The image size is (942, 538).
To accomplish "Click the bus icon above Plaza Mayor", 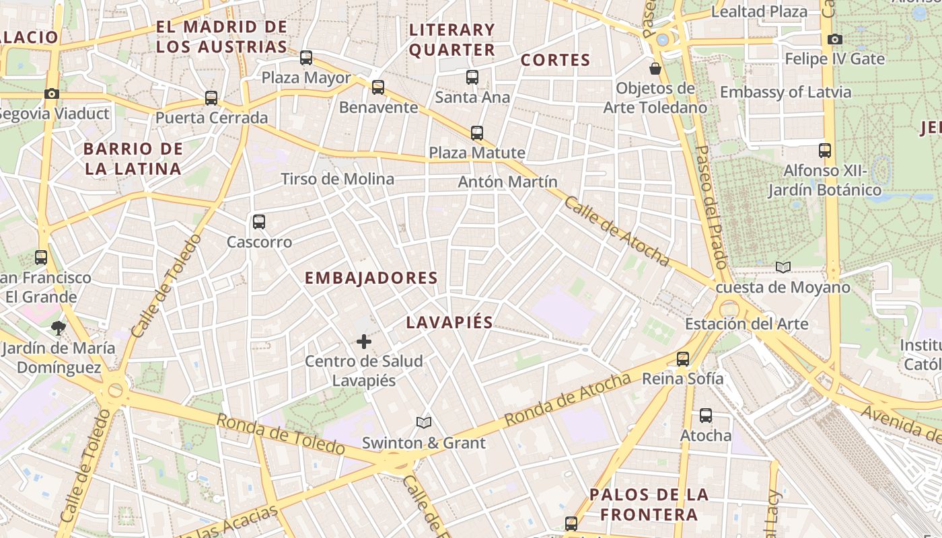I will coord(306,58).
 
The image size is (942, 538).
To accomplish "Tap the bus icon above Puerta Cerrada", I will coord(211,98).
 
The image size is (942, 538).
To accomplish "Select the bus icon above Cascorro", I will coord(259,222).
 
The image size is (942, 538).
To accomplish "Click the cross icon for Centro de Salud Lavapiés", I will coord(364,342).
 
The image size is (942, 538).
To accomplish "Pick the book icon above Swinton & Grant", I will coord(423,422).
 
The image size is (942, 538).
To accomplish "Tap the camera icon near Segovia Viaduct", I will coord(52,93).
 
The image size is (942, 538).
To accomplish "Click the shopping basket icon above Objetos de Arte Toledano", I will coord(655,69).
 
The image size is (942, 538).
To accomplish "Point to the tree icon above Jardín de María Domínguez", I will coord(58,328).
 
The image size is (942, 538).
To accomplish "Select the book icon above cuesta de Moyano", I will coord(783,268).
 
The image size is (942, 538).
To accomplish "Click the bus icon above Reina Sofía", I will coord(683,358).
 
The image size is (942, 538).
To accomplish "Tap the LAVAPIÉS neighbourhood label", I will coord(449,322).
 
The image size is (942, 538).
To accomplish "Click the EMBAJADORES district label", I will coord(371,278).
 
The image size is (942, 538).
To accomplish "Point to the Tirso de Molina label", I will coord(338,179).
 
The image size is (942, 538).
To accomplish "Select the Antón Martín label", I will coord(508,182).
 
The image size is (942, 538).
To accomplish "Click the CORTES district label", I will coord(556,60).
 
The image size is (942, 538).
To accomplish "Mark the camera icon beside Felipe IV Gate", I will coord(835,39).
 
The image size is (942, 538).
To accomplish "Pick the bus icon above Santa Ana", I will coord(472,77).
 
